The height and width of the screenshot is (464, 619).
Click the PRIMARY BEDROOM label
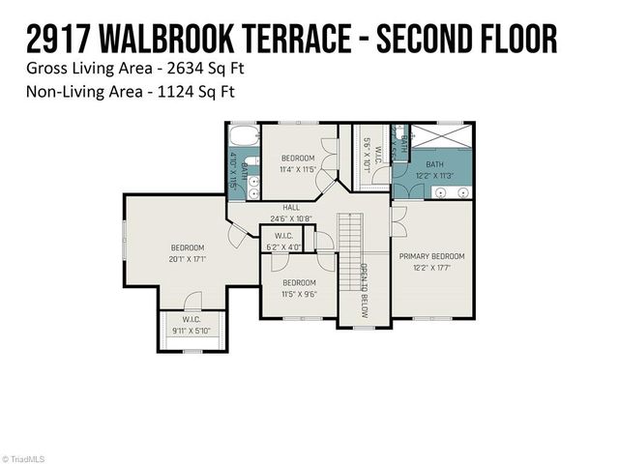pyautogui.click(x=432, y=256)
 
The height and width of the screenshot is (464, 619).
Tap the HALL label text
pyautogui.click(x=291, y=207)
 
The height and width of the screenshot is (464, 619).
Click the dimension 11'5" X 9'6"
pyautogui.click(x=298, y=294)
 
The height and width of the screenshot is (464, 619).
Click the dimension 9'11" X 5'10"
pyautogui.click(x=191, y=331)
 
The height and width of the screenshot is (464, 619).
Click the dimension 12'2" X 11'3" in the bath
pyautogui.click(x=436, y=176)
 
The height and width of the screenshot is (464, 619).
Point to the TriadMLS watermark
pyautogui.click(x=24, y=458)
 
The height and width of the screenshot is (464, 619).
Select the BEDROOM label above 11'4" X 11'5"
pyautogui.click(x=298, y=158)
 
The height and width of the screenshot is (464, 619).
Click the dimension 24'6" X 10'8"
pyautogui.click(x=291, y=217)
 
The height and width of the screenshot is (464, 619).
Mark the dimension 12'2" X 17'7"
pyautogui.click(x=432, y=268)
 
